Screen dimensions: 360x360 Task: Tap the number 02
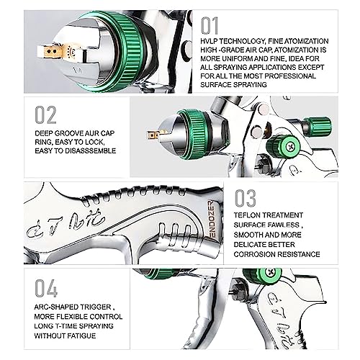[45, 116]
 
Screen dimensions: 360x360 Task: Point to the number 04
[45, 289]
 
